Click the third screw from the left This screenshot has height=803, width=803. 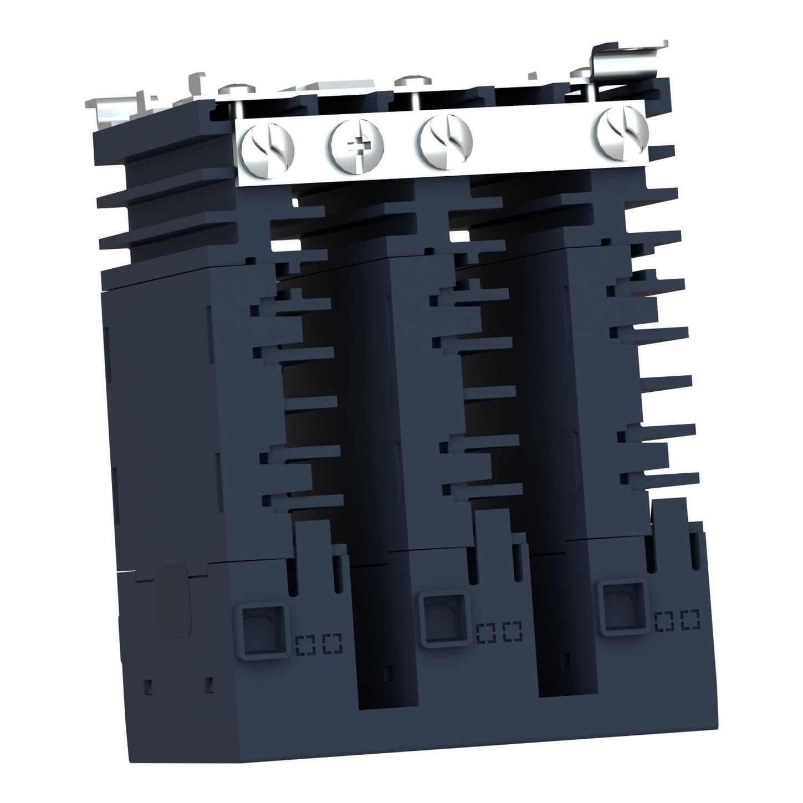coord(446,140)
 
